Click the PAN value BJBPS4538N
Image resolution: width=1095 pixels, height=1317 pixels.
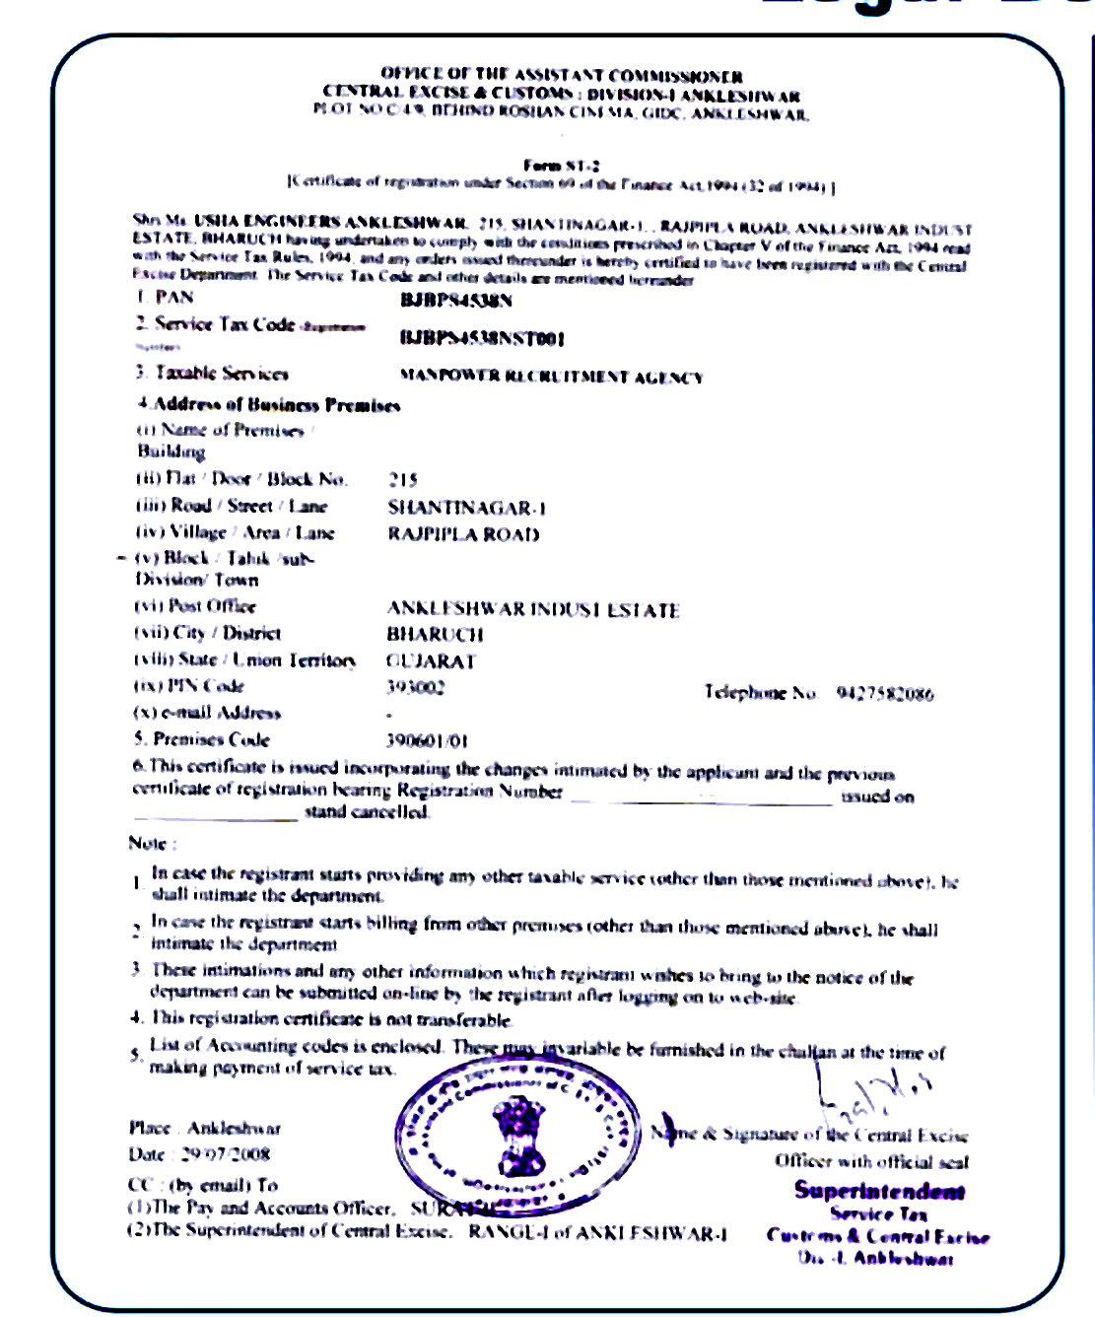[x=455, y=301]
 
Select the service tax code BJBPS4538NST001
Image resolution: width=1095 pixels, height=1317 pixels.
[x=481, y=339]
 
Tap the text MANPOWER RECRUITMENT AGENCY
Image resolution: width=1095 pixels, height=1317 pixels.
[x=551, y=377]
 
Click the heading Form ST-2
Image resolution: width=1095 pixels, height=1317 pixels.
[x=561, y=166]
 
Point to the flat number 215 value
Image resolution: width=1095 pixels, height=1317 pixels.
[x=402, y=480]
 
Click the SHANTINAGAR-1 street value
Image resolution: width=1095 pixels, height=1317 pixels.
[x=466, y=508]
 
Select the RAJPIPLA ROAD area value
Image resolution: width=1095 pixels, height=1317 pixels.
[x=463, y=534]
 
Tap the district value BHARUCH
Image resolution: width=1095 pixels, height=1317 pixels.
[x=435, y=634]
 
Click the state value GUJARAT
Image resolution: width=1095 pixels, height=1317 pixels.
[x=431, y=661]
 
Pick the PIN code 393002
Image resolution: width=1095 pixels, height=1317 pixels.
[x=415, y=687]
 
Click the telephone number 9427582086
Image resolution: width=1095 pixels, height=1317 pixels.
[x=884, y=693]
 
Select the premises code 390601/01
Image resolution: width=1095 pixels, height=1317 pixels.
[x=427, y=740]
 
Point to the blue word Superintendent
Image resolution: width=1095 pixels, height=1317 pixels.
[x=879, y=1191]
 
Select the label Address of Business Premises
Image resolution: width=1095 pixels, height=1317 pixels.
[x=270, y=404]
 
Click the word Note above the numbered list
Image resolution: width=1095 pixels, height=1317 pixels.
[x=151, y=844]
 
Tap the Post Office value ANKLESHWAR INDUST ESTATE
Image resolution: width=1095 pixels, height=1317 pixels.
[x=533, y=609]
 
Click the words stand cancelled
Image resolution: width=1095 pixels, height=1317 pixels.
[x=366, y=812]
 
